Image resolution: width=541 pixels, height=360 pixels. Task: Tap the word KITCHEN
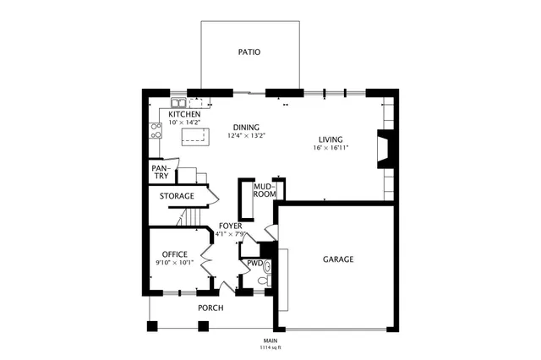click(184, 114)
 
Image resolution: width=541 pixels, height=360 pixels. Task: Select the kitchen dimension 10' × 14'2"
click(184, 123)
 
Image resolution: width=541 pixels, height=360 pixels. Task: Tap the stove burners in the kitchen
click(156, 129)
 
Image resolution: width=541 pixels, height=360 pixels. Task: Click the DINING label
click(246, 128)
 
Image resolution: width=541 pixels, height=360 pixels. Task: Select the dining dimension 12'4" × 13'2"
click(246, 135)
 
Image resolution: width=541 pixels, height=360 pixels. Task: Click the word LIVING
click(331, 139)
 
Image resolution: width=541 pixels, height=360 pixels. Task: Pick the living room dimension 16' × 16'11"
click(331, 148)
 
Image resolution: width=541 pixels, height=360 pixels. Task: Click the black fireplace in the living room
click(385, 150)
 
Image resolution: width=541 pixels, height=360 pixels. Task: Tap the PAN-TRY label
click(161, 172)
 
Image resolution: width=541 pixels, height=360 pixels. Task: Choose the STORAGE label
click(178, 196)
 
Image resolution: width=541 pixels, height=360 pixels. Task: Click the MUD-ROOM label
click(265, 190)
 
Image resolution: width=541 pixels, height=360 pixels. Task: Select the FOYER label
click(230, 226)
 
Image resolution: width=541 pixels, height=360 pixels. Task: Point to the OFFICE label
click(174, 254)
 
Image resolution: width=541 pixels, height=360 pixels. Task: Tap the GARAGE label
click(337, 259)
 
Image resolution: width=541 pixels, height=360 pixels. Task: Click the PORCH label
click(210, 308)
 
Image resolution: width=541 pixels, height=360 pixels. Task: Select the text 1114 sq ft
click(270, 347)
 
